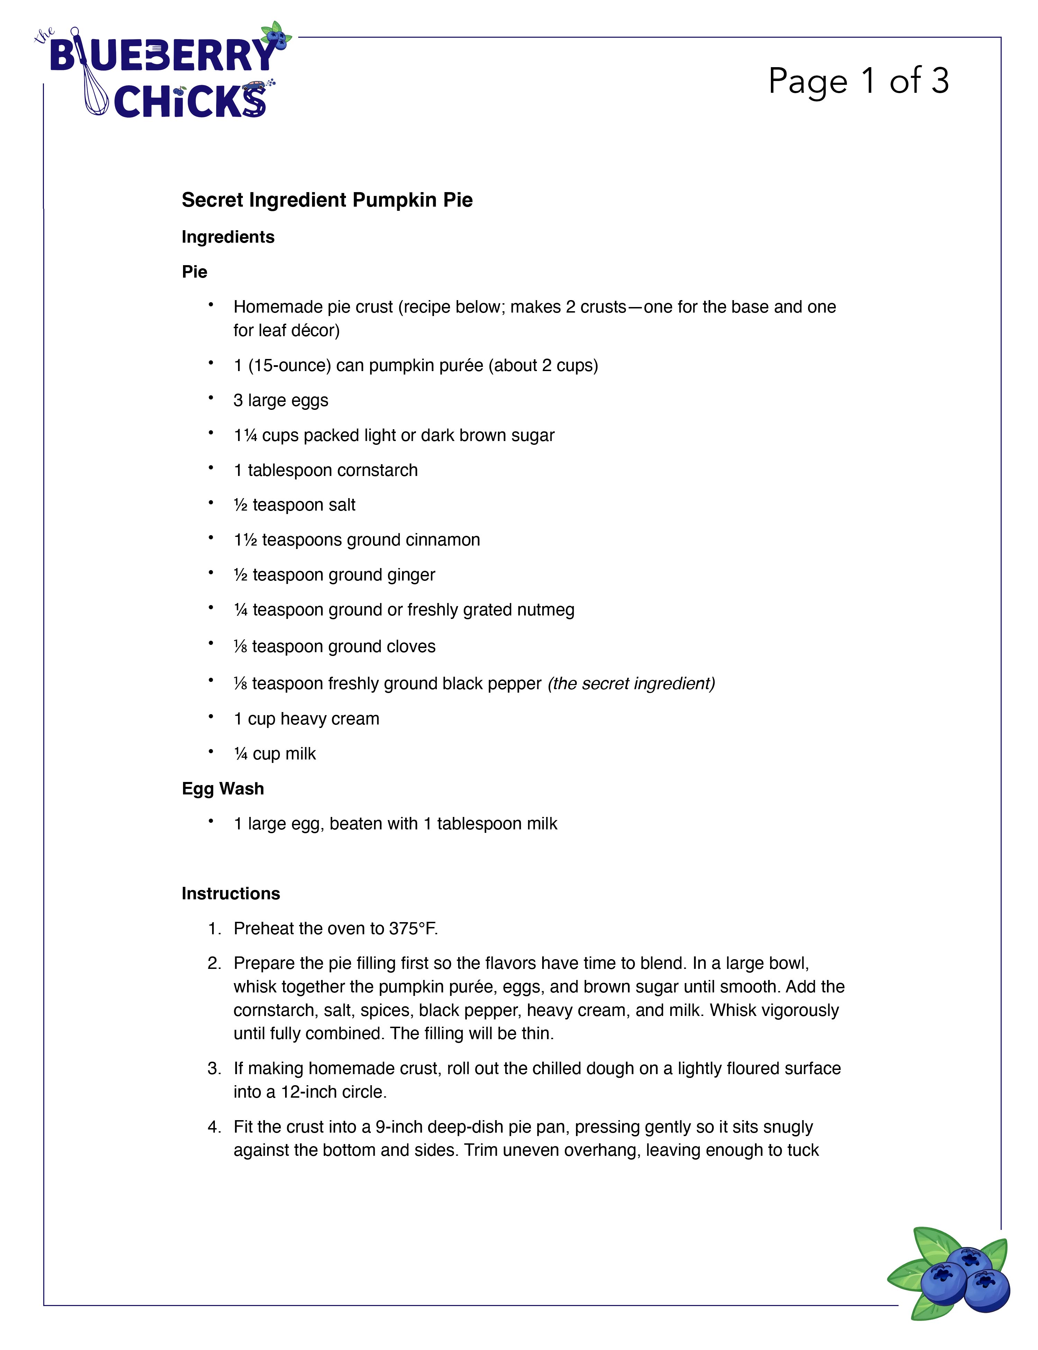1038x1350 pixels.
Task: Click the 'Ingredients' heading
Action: (228, 237)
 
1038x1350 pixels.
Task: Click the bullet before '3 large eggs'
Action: (211, 398)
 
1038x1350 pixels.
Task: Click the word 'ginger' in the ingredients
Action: (411, 575)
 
